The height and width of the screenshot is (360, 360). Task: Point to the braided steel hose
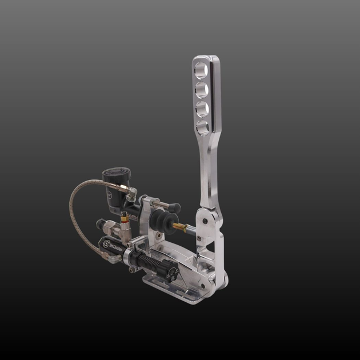click(74, 217)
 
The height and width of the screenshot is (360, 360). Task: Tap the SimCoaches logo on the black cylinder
click(111, 246)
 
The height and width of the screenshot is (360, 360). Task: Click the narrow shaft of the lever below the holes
click(207, 171)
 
